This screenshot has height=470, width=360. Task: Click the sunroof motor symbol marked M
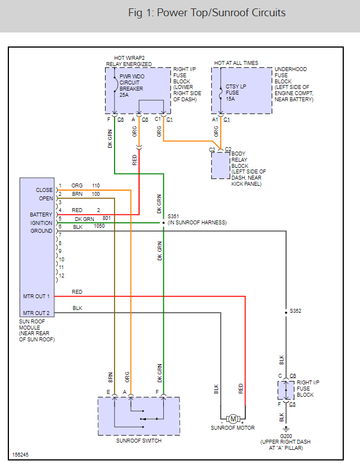point(233,419)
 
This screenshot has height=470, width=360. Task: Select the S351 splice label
point(173,215)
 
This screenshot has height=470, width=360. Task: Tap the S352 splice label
point(296,311)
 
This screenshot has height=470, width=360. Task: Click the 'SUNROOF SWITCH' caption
point(139,441)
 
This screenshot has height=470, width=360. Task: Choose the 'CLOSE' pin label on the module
point(44,190)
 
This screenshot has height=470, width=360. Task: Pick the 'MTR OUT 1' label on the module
point(37,296)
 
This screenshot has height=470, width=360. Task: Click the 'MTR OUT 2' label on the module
point(37,313)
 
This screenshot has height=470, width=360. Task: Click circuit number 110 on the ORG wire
point(96,185)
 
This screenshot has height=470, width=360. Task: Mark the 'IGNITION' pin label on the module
point(41,223)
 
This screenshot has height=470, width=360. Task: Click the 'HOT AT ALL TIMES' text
point(236,63)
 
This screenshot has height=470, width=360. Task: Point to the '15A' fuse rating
point(231,98)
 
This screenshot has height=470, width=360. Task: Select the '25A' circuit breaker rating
point(124,95)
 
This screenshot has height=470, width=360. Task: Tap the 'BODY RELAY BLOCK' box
point(221,166)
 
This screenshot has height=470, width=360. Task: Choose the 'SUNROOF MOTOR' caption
point(233,428)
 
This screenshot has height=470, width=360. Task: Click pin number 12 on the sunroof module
point(61,276)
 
